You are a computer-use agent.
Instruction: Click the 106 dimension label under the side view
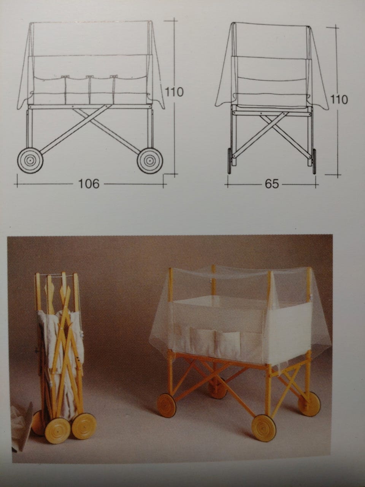coord(89,184)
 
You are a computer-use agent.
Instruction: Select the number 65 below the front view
coord(272,184)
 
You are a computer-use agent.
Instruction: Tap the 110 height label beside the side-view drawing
coord(175,92)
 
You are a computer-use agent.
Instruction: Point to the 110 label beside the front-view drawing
coord(339,100)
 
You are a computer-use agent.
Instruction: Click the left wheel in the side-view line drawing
coord(30,160)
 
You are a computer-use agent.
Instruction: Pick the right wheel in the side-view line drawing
coord(150,160)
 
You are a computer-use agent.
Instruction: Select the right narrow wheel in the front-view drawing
coord(314,161)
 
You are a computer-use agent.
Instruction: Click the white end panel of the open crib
coord(288,326)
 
